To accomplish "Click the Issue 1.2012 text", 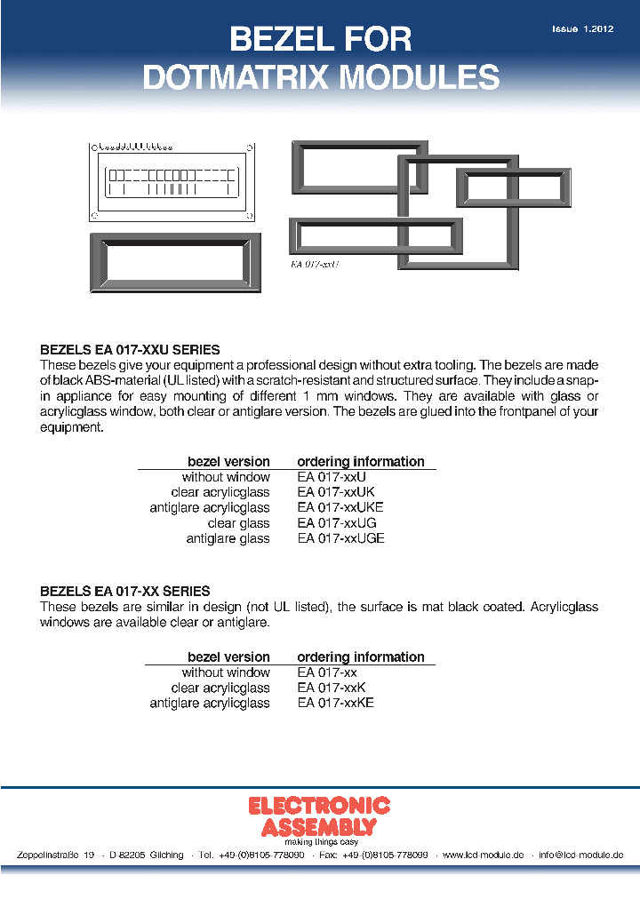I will [582, 29].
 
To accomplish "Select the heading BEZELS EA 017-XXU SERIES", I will [131, 350].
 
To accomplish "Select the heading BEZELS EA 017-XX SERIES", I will [125, 591].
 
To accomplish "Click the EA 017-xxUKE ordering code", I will [340, 507].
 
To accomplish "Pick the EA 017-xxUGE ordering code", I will [341, 538].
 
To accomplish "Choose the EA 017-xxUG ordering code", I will [337, 523].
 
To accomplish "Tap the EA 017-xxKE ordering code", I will [336, 703].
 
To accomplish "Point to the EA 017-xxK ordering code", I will [332, 688].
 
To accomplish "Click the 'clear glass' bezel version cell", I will [238, 523].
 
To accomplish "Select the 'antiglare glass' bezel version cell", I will [228, 538].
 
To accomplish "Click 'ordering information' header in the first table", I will [361, 462].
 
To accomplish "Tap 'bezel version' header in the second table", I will [228, 657].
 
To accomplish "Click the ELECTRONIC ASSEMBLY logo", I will [319, 815].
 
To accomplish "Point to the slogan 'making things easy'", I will [321, 841].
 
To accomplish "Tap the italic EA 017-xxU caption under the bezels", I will [315, 264].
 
